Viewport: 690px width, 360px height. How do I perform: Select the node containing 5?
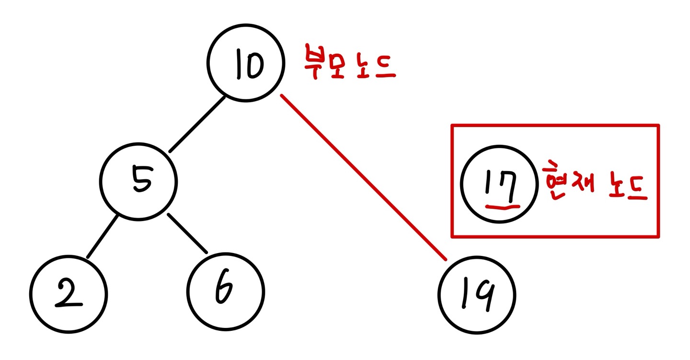tap(139, 181)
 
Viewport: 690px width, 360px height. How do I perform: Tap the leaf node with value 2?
tap(68, 293)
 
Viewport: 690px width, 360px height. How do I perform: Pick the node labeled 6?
tap(225, 291)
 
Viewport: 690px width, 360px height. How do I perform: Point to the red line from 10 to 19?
tap(363, 177)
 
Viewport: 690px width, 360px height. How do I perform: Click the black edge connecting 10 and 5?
tap(197, 124)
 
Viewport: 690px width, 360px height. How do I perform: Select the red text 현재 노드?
tap(595, 185)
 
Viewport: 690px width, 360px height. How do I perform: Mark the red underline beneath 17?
tap(503, 206)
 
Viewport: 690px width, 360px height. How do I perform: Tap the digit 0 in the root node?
tap(254, 66)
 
